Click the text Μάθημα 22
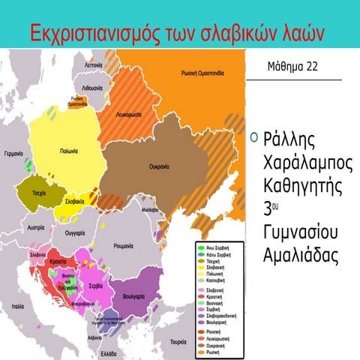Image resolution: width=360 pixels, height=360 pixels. [x=292, y=66]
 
